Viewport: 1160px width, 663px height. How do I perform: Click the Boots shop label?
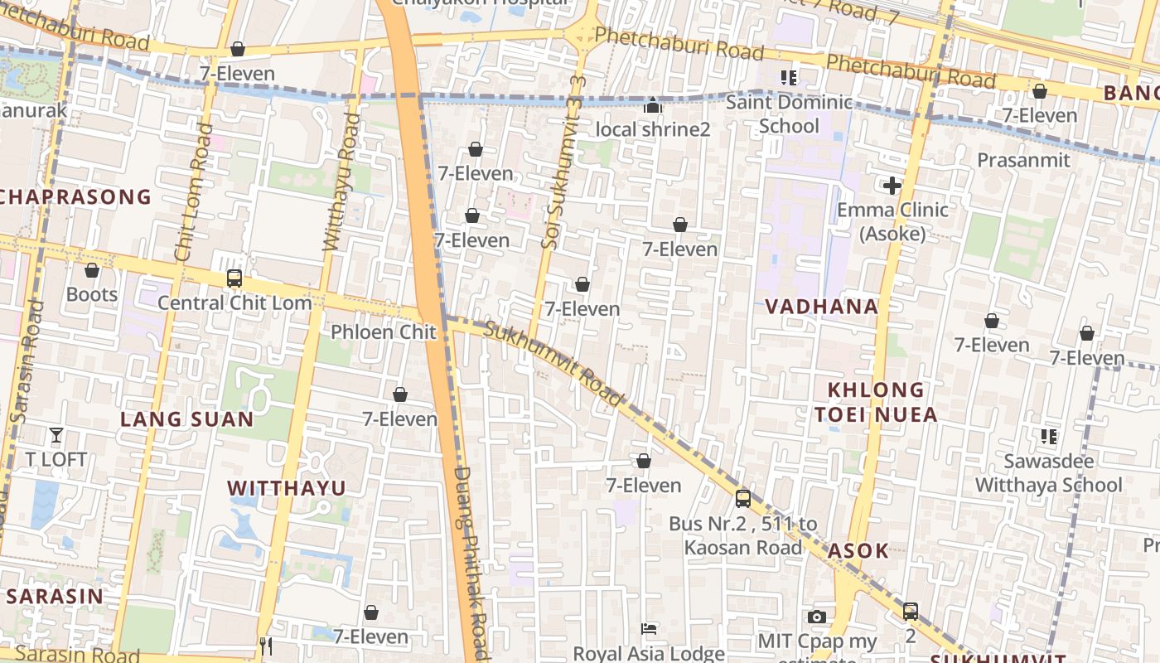pos(92,294)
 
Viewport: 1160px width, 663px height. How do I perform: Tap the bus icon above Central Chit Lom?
pos(234,278)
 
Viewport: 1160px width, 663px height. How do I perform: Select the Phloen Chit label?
pos(383,332)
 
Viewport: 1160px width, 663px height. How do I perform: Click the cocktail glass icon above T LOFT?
pos(56,435)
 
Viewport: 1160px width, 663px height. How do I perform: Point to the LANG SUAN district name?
pos(187,419)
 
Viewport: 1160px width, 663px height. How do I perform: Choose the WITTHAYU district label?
pos(287,488)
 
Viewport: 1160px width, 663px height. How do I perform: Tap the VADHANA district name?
pos(821,307)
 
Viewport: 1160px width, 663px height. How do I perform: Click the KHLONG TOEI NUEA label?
pos(876,402)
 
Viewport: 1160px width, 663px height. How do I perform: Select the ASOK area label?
pos(858,551)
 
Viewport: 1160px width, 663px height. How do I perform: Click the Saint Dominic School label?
pos(789,114)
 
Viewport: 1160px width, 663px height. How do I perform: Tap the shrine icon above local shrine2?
pos(653,106)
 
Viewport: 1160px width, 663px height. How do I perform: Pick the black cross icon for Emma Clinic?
pos(892,186)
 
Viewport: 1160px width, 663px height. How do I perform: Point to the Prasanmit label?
pos(1023,160)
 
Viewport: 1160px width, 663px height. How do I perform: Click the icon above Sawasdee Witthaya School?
pos(1048,436)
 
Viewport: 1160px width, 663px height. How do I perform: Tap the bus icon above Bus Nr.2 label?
pos(743,499)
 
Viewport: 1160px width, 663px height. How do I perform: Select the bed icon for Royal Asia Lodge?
pos(649,629)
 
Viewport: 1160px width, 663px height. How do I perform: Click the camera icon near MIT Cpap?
pos(817,617)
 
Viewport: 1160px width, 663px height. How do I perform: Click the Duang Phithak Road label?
pos(471,564)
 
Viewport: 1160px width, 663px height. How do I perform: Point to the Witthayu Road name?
pos(341,182)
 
